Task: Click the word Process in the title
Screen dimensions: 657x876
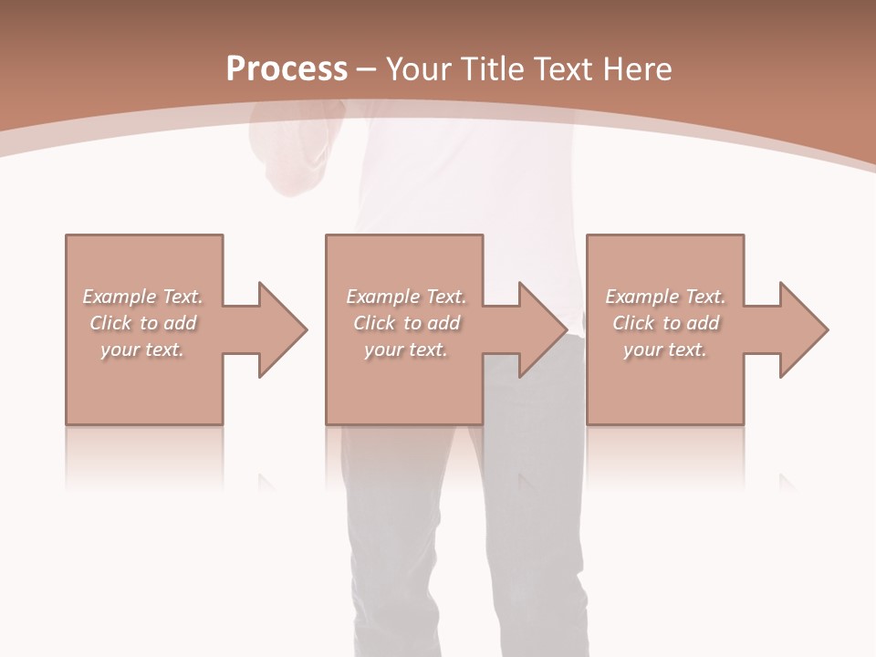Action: [x=287, y=69]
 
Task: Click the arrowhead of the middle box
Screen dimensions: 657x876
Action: [x=541, y=329]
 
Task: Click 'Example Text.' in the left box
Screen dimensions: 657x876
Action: [x=142, y=297]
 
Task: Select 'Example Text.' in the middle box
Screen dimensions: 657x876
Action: [x=405, y=297]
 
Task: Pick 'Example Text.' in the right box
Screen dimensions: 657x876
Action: [x=665, y=297]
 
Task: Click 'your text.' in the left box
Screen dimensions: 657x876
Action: [x=142, y=349]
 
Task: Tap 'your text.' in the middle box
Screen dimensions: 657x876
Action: [x=405, y=349]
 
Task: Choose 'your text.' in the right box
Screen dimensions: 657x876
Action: [x=665, y=349]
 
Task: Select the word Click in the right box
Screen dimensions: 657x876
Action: [x=633, y=323]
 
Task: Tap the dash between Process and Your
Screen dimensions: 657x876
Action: [x=366, y=69]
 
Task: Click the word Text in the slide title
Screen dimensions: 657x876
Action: [x=558, y=69]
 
